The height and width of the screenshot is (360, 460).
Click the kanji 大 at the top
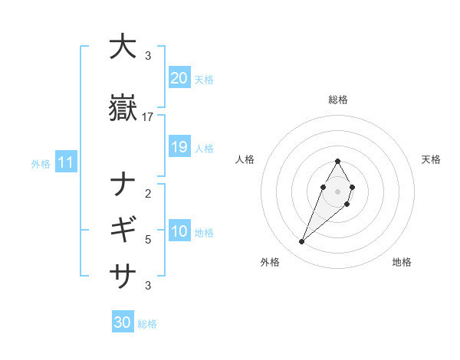[123, 47]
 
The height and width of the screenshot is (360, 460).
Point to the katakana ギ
[123, 229]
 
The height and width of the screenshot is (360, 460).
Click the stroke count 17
[148, 117]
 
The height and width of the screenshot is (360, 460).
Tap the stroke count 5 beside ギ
[148, 240]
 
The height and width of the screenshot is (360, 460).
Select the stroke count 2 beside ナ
[148, 194]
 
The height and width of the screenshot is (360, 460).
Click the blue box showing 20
[179, 78]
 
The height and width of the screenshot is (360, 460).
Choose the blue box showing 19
[179, 147]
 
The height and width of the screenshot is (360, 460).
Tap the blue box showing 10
[179, 231]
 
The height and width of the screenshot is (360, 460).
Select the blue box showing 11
[65, 162]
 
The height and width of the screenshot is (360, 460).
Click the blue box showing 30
[123, 322]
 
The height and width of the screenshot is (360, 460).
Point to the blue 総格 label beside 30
[147, 324]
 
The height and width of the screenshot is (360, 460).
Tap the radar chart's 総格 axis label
[338, 100]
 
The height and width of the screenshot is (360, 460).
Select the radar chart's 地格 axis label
[402, 262]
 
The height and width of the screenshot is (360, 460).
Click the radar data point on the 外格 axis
[302, 241]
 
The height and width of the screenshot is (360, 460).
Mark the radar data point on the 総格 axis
[338, 161]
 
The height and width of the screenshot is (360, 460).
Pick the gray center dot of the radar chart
[338, 191]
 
